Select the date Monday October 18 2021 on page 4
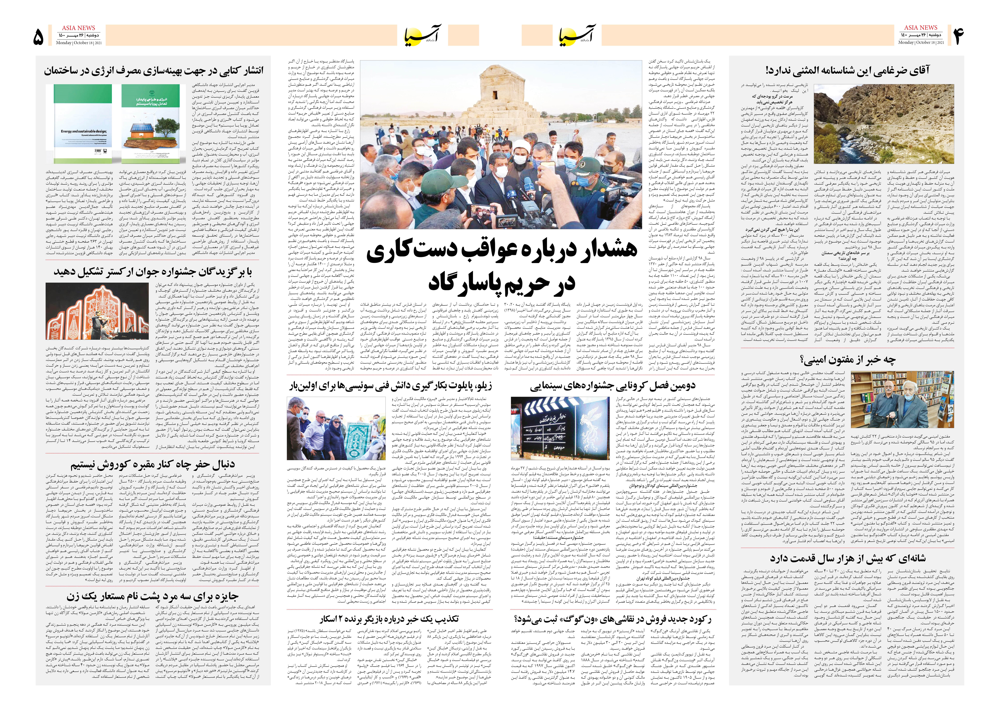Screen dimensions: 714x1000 (x=921, y=43)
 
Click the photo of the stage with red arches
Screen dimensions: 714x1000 (x=98, y=311)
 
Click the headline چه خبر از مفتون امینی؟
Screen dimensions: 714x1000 (x=847, y=360)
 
